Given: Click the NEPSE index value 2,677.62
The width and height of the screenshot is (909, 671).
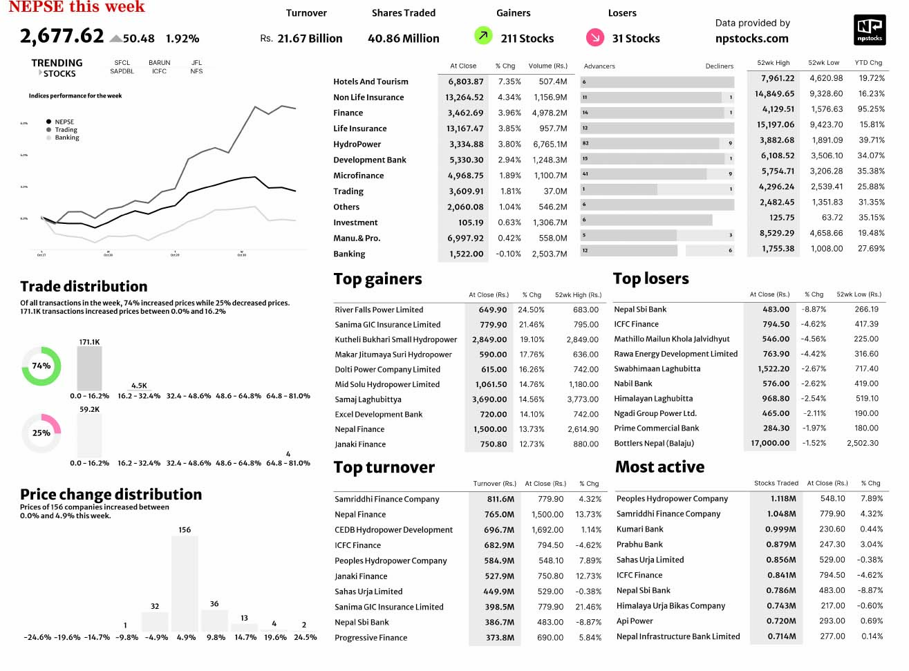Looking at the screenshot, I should click(62, 36).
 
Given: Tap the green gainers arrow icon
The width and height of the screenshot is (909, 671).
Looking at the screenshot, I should click(483, 35).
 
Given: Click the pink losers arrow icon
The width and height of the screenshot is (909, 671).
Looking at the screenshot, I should click(594, 37).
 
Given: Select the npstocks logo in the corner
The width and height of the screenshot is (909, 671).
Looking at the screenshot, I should click(870, 30).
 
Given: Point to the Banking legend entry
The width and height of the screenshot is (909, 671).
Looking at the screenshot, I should click(67, 138).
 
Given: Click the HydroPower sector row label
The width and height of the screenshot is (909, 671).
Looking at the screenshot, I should click(357, 144).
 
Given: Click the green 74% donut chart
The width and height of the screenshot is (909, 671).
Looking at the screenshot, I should click(41, 366).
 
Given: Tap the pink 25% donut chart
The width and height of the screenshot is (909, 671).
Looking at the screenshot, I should click(41, 433).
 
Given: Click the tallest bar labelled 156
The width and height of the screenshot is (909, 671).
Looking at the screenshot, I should click(185, 584).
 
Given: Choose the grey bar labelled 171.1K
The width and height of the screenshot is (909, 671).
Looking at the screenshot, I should click(89, 368).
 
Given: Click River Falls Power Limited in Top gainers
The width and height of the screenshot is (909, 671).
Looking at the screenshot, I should click(379, 310).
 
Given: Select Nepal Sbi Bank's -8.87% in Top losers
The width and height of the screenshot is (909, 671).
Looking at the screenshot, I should click(813, 310).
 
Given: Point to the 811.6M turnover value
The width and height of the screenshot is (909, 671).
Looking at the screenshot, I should click(500, 499).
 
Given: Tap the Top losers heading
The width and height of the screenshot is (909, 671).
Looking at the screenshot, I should click(650, 278).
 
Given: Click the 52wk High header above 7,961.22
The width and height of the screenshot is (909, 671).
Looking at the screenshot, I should click(773, 63).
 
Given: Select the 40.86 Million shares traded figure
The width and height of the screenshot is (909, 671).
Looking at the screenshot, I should click(403, 39).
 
